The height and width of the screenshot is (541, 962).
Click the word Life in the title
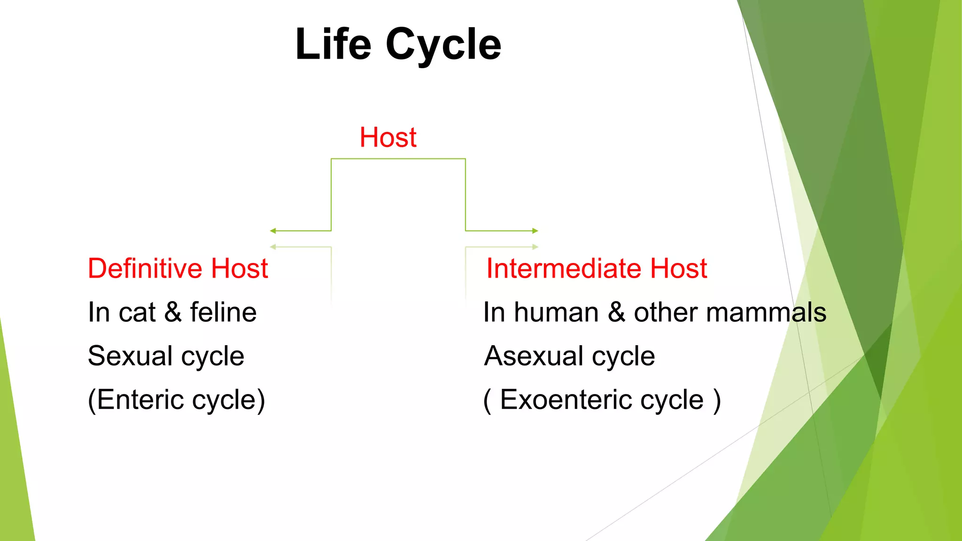[333, 44]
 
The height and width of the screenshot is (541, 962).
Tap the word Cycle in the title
[443, 45]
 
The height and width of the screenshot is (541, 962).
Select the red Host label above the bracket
[388, 138]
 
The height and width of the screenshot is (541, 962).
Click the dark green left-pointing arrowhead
[273, 231]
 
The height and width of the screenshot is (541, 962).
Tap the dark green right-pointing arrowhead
[535, 231]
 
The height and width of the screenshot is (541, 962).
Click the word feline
[223, 312]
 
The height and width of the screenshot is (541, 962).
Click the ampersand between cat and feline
[173, 312]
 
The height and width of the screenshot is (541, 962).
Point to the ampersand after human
[616, 312]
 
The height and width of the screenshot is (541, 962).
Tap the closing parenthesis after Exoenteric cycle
[716, 401]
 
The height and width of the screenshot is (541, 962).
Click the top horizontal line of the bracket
[398, 159]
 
